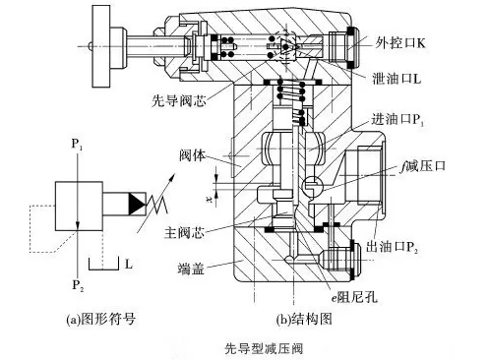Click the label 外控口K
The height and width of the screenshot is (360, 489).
point(400,42)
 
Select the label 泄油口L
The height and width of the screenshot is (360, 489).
point(397,79)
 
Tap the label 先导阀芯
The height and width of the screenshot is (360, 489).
point(179,100)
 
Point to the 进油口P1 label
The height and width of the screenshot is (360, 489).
point(397,120)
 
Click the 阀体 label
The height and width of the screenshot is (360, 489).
point(193,155)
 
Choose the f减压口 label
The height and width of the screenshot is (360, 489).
point(423,166)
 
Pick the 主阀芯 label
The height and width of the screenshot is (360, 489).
point(184,233)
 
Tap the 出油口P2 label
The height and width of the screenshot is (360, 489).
point(392,247)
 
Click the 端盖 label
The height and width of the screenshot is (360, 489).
point(191,269)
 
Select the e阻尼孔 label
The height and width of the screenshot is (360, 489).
point(354,298)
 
